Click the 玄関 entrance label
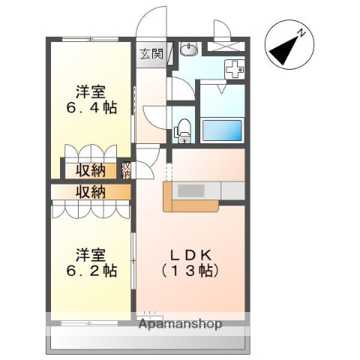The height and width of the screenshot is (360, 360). pos(151,53)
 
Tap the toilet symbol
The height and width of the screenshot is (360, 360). pos(182,130)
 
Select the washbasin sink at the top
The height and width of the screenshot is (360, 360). pos(189,50)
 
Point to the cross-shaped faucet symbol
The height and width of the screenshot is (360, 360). pos(235,69)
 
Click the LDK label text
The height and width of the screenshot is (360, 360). pos(190,252)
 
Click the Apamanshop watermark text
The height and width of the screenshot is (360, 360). pos(180,325)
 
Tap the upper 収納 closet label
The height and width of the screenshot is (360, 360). pos(90,170)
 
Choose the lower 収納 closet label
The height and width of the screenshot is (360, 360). pos(90,192)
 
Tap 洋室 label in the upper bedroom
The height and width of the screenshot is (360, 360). pos(90,93)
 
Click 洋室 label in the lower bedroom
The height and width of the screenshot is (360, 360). pos(90,253)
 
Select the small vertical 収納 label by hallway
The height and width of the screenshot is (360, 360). pos(127,170)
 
